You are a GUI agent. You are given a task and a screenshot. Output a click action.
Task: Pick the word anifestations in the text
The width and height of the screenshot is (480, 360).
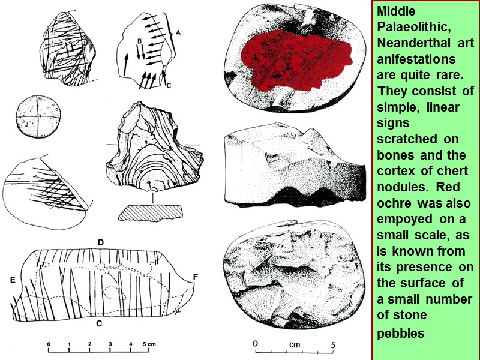click(416, 60)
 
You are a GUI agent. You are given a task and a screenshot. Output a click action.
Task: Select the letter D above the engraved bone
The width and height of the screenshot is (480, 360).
click(101, 242)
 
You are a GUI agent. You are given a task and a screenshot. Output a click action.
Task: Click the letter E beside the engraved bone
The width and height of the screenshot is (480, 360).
click(12, 280)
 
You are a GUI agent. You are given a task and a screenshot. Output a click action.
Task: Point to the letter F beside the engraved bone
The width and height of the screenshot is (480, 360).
click(196, 276)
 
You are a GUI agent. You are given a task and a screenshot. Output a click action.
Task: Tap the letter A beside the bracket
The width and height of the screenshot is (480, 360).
click(178, 34)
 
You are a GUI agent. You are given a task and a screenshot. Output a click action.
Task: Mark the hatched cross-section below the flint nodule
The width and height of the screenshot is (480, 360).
click(151, 212)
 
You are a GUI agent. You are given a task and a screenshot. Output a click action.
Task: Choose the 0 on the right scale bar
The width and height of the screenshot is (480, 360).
click(256, 344)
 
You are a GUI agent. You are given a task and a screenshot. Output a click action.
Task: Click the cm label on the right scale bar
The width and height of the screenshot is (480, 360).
click(295, 345)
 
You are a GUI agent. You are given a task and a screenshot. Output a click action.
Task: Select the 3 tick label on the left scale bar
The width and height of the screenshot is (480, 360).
click(110, 344)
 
